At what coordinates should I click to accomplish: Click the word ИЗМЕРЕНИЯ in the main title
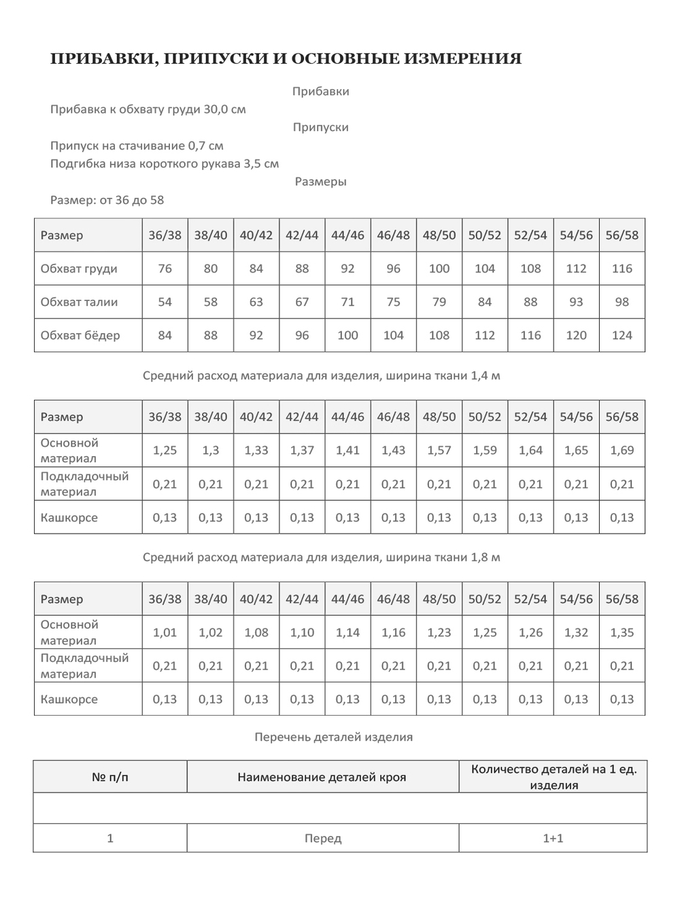click(463, 59)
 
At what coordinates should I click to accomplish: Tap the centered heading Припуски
click(320, 127)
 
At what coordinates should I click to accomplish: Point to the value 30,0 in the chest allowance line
click(216, 109)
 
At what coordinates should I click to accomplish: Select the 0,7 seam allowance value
click(199, 145)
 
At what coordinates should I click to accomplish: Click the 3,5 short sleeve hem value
click(252, 164)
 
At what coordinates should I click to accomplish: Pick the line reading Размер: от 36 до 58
click(107, 200)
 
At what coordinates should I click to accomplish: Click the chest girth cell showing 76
click(165, 268)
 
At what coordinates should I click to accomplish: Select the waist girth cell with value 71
click(347, 302)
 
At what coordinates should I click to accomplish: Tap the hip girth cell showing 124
click(622, 335)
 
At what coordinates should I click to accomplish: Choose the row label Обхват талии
click(79, 302)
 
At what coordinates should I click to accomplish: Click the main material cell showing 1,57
click(439, 450)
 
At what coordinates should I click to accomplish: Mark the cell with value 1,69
click(622, 450)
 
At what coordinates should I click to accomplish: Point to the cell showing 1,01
click(165, 632)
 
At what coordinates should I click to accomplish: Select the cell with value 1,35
click(622, 632)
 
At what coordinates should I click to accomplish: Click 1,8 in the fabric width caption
click(479, 557)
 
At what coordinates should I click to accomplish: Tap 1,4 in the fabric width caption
click(479, 375)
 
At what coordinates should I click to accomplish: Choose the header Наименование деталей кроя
click(322, 777)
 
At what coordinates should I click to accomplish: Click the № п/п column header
click(110, 777)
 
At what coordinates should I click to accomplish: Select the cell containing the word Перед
click(323, 838)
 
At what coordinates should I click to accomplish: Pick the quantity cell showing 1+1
click(553, 838)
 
